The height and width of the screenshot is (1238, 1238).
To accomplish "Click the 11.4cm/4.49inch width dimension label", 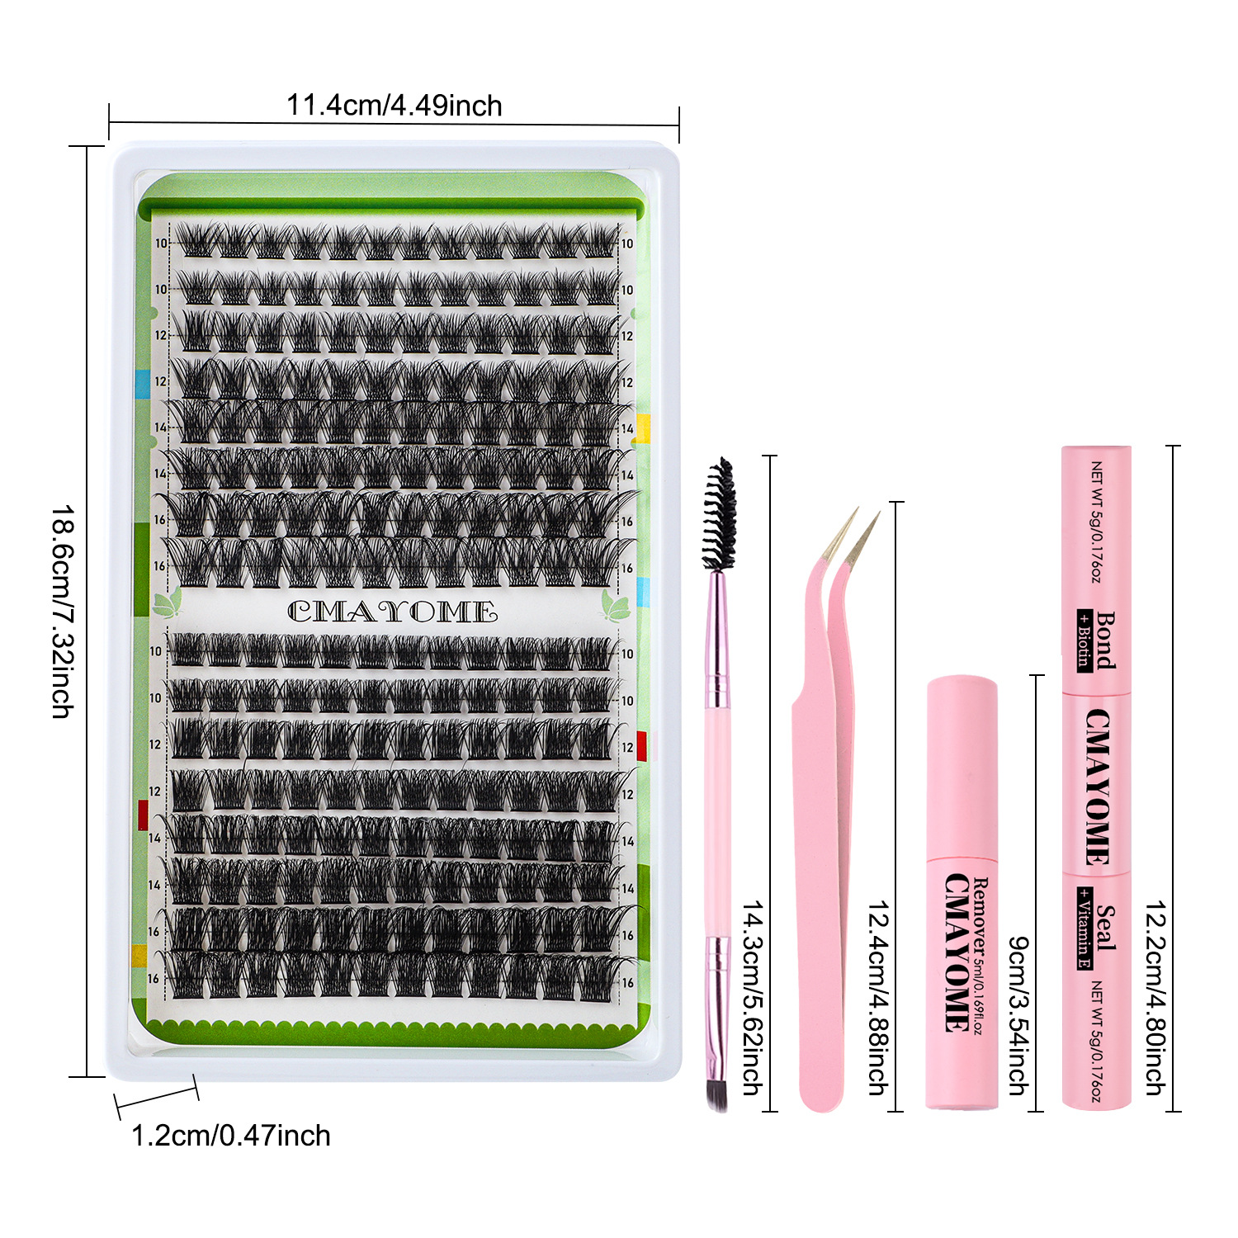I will [394, 106].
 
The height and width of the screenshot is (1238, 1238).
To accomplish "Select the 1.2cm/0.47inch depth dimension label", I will [231, 1136].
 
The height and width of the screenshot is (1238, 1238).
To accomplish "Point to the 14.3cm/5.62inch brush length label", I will [752, 998].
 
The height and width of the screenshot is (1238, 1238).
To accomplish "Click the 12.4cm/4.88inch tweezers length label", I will [878, 998].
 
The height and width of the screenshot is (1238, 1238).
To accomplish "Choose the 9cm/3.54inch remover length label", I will [1018, 1015].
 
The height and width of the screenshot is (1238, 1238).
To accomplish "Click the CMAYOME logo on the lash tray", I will [392, 612].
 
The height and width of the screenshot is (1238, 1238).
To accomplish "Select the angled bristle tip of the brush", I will [716, 1094].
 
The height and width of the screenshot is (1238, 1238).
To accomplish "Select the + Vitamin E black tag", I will [1084, 928].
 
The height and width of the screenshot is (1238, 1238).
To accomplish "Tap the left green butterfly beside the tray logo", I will [168, 605].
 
